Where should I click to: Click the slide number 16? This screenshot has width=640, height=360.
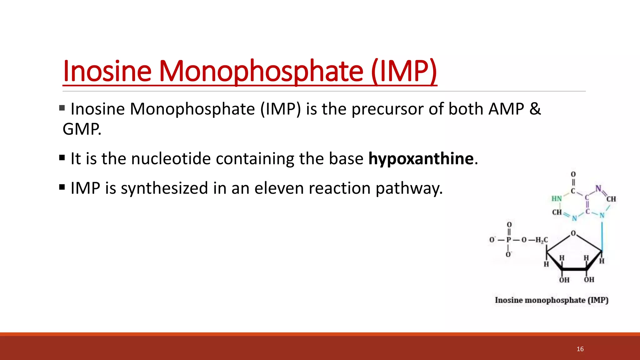tap(580, 349)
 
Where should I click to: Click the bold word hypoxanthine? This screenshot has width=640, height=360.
tap(421, 158)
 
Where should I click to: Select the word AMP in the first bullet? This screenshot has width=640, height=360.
tap(506, 109)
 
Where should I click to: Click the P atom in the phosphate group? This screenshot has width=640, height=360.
tap(509, 240)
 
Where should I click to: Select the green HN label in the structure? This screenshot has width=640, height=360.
tap(557, 199)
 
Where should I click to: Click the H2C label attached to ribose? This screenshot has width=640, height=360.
tap(541, 240)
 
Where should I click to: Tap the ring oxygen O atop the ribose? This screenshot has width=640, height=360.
tap(573, 233)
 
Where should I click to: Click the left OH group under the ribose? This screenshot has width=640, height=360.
tap(564, 280)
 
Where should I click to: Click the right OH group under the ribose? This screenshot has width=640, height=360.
tap(589, 279)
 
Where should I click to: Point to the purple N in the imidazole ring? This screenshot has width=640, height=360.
tap(598, 188)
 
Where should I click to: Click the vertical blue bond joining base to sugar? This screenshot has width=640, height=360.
tap(602, 234)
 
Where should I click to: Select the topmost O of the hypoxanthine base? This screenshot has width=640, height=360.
tap(573, 174)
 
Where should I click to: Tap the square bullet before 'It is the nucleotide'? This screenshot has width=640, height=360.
tap(62, 157)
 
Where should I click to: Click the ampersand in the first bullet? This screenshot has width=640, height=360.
tap(535, 109)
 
